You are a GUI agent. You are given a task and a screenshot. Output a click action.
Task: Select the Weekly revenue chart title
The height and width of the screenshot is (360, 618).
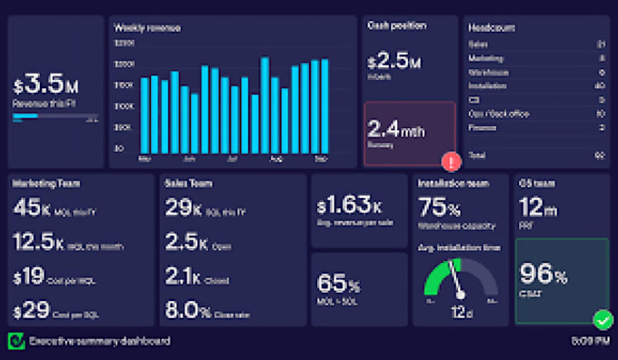pyautogui.click(x=147, y=28)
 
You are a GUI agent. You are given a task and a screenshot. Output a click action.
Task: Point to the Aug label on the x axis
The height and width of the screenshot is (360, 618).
pyautogui.click(x=276, y=158)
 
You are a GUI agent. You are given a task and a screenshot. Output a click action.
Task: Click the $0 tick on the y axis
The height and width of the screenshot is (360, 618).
pyautogui.click(x=120, y=147)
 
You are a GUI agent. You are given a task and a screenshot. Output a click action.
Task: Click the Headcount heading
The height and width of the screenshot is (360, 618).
pyautogui.click(x=493, y=27)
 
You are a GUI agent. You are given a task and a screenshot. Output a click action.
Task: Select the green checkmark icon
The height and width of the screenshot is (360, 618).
pyautogui.click(x=602, y=319)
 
